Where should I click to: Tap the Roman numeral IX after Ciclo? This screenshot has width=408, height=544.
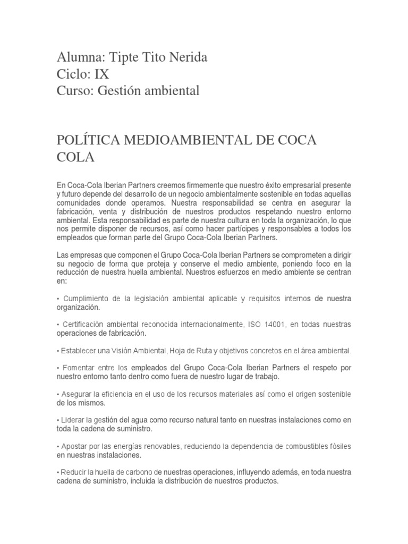pos(101,74)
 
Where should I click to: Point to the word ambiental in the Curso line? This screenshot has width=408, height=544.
pos(173,91)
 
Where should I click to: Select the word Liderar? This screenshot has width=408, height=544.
pos(73,420)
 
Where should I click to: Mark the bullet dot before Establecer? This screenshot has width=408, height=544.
pos(57,351)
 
